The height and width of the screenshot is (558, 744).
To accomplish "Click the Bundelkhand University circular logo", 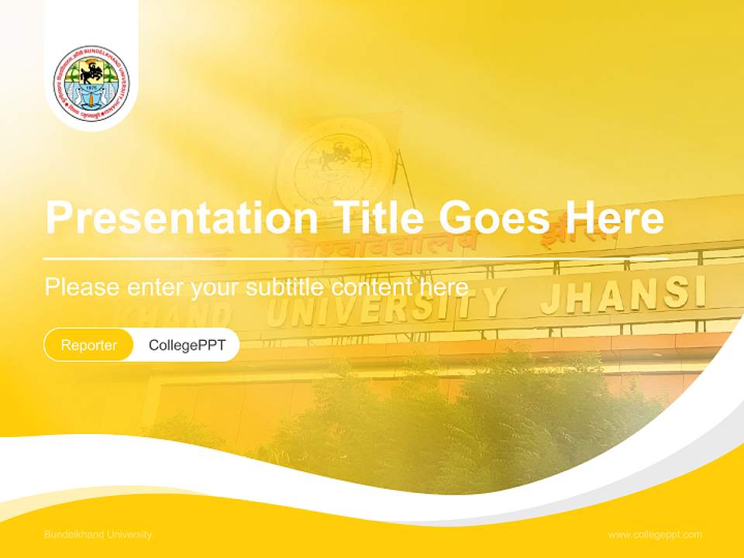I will click(x=91, y=84).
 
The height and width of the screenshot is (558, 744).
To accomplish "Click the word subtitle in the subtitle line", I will click(x=286, y=287).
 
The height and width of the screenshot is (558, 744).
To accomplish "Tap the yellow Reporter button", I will click(x=89, y=345).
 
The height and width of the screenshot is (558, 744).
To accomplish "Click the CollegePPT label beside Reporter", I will click(x=187, y=345).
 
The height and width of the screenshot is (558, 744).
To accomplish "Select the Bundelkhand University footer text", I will click(x=98, y=535).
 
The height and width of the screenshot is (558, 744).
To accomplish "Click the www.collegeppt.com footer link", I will click(x=655, y=535).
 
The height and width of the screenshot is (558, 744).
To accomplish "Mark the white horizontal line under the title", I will click(x=356, y=258).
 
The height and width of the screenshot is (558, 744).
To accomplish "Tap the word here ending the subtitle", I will click(x=443, y=287).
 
